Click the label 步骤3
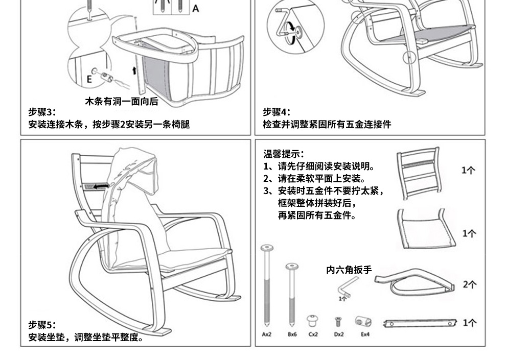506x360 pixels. tap(41, 112)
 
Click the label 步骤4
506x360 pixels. tap(277, 112)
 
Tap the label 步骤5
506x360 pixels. tap(41, 325)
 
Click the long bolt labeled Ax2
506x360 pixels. tap(267, 286)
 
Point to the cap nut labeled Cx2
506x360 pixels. tap(312, 321)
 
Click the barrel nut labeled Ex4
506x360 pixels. tap(363, 322)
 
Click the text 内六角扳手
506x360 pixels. tap(349, 270)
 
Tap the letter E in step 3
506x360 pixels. tap(89, 79)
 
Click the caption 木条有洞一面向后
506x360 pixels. tap(122, 102)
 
